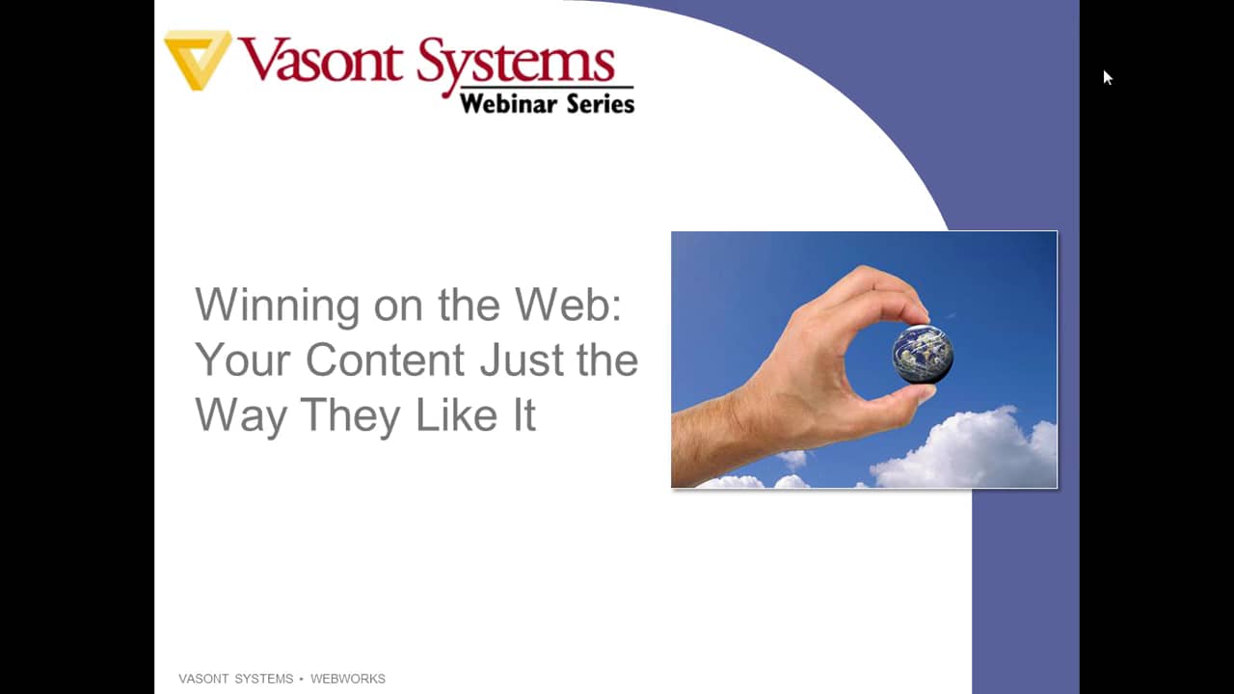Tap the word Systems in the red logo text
516,67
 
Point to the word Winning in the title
278,305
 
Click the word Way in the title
241,415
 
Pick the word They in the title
351,415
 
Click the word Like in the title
457,414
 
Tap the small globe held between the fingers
923,354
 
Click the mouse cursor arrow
1108,78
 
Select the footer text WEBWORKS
348,679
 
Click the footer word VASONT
203,679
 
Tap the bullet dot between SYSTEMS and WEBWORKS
302,680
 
